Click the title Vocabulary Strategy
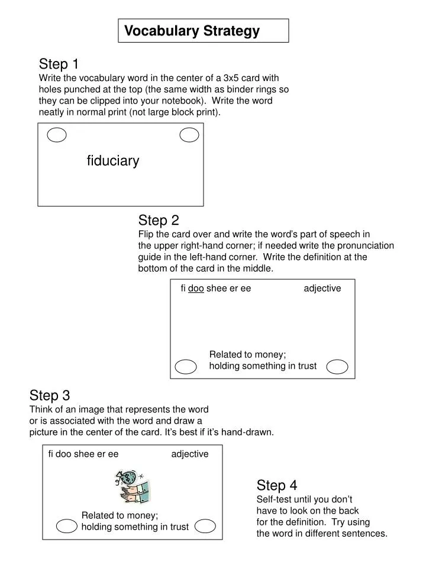click(x=192, y=31)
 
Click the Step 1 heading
click(x=59, y=64)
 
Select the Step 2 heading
click(x=159, y=221)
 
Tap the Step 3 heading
click(x=50, y=395)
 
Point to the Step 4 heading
click(x=277, y=486)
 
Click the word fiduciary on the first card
click(x=113, y=161)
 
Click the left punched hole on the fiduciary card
click(x=57, y=135)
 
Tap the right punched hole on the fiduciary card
click(x=189, y=135)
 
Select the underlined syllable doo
click(x=196, y=289)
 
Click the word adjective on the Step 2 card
click(x=322, y=288)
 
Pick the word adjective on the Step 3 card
click(x=190, y=454)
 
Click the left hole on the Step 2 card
click(x=186, y=367)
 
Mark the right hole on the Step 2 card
click(x=337, y=367)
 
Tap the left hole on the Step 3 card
click(x=67, y=526)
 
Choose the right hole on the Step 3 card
click(x=205, y=526)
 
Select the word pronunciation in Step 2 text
click(x=366, y=246)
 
